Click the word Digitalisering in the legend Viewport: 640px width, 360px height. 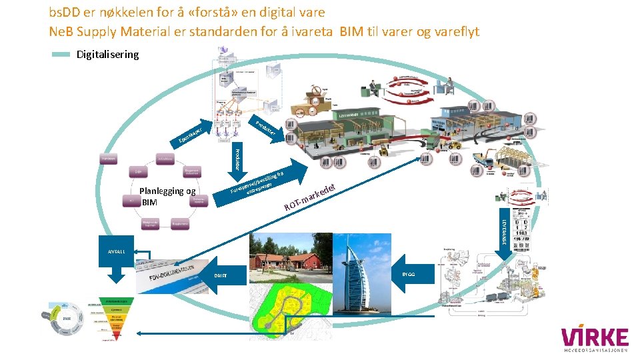[108, 55]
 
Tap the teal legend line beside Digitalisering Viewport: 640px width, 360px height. [61, 55]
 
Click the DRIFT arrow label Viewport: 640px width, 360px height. [220, 275]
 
